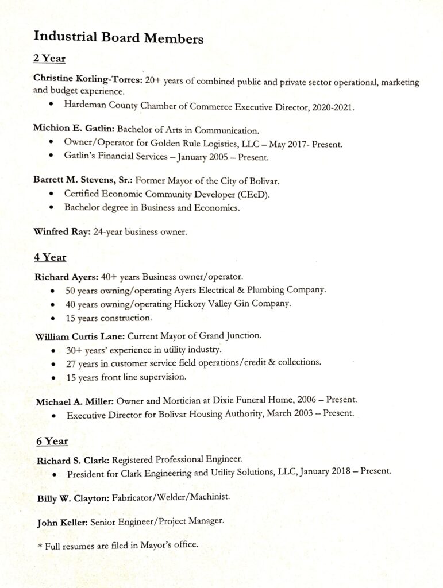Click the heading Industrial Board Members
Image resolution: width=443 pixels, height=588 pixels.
[x=118, y=38]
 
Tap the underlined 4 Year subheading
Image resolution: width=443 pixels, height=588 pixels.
[x=50, y=257]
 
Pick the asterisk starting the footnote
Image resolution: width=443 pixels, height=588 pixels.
[x=40, y=547]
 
